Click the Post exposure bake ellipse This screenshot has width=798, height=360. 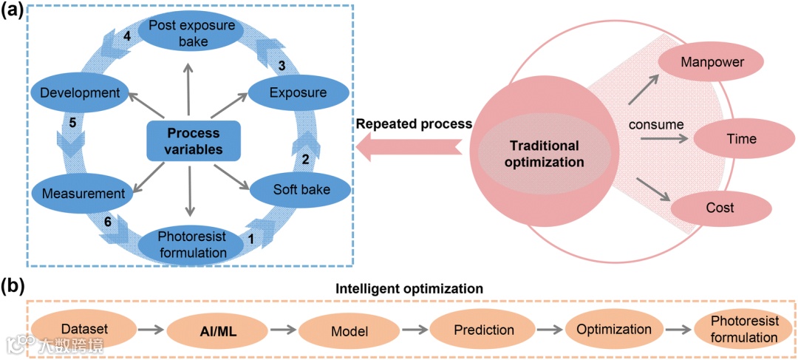[x=191, y=33]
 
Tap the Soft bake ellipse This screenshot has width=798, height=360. [x=290, y=189]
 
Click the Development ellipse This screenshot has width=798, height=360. [x=81, y=93]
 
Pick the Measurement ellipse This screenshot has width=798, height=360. [x=81, y=194]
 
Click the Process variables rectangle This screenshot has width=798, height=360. [x=194, y=140]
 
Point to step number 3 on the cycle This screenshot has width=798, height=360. [x=281, y=66]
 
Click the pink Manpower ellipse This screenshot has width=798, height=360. [x=712, y=62]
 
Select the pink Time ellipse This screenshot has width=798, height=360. [x=741, y=138]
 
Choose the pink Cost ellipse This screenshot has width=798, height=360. [x=718, y=208]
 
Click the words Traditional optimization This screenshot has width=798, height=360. [x=544, y=152]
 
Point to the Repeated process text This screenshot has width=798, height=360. [x=414, y=123]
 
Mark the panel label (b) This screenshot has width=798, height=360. [x=15, y=285]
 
